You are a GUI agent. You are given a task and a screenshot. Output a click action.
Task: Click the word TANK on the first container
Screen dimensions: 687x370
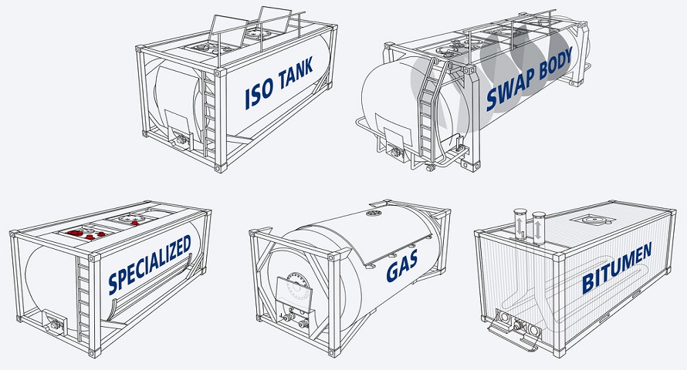tap(296, 72)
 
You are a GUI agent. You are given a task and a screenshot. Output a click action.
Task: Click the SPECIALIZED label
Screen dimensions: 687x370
tap(150, 264)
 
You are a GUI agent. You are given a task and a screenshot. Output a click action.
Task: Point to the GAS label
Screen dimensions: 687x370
tap(401, 267)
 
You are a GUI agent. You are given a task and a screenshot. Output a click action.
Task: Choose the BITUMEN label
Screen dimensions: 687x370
tap(617, 267)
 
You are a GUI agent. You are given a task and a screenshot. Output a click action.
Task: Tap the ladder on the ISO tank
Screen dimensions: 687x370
tap(209, 115)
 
